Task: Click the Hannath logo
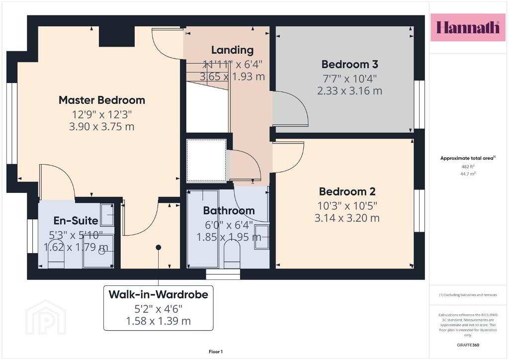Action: coord(468,27)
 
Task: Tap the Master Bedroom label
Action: coord(102,100)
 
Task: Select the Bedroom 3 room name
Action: coord(349,64)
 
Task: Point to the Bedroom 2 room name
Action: coord(347,191)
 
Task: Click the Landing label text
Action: coord(233,50)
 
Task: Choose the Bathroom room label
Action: coord(229,211)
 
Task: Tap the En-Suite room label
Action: coord(76,221)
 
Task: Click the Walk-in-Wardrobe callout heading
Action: coord(159,294)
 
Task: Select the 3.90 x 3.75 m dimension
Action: coord(101,127)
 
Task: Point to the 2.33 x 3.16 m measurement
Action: coord(349,91)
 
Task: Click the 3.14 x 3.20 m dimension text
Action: coord(347,218)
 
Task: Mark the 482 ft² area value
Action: coord(468,167)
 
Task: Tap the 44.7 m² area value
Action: coord(468,174)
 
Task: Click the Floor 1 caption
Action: coord(216,352)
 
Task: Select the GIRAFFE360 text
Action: coord(468,345)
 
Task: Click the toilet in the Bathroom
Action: coord(232,253)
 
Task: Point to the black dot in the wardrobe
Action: coord(159,247)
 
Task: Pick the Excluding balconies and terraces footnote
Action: coord(468,295)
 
